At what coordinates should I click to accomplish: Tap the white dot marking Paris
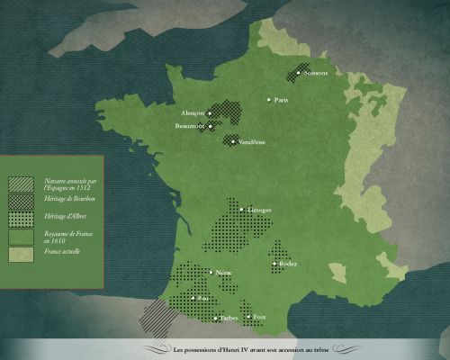pyautogui.click(x=268, y=99)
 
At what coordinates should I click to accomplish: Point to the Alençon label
pyautogui.click(x=193, y=113)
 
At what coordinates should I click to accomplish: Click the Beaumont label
pyautogui.click(x=192, y=127)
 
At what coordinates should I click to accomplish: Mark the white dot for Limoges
pyautogui.click(x=242, y=211)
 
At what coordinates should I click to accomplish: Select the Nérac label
pyautogui.click(x=224, y=271)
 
